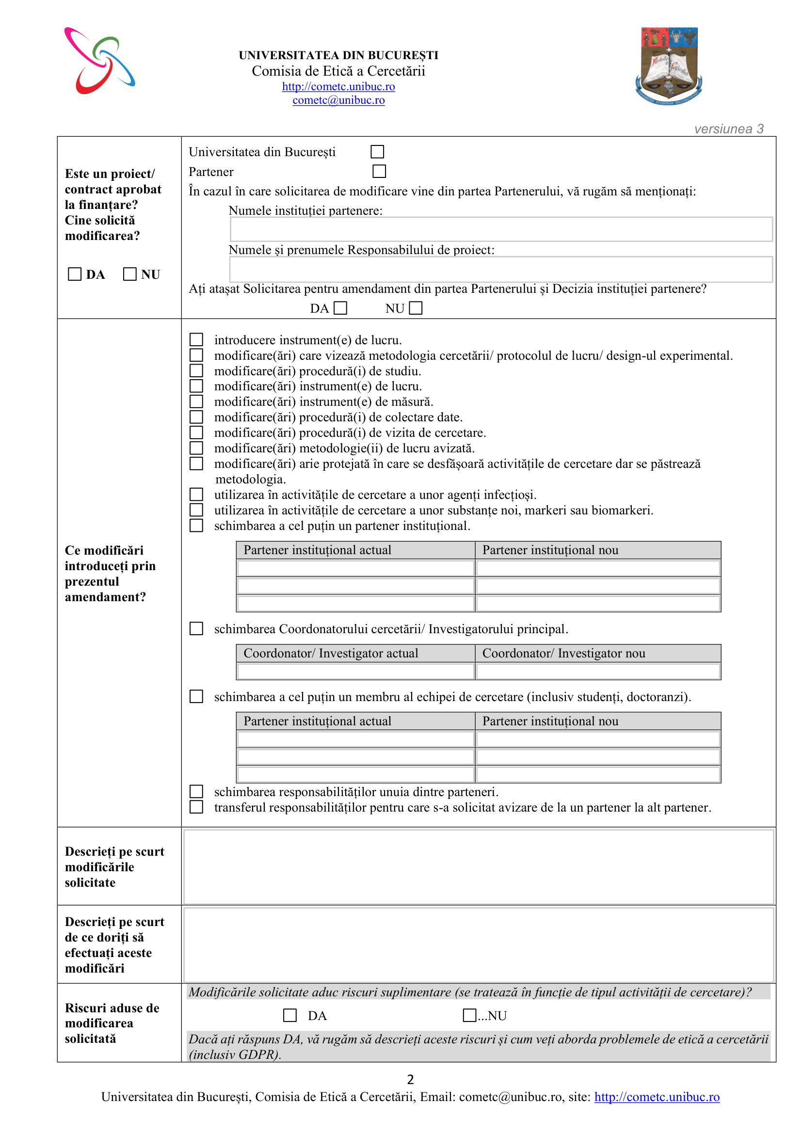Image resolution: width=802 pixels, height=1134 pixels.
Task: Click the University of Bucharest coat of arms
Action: (x=669, y=65)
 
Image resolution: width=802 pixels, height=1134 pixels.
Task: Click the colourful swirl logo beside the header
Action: (x=100, y=61)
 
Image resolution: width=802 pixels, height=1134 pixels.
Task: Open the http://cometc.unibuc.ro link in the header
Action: (x=338, y=87)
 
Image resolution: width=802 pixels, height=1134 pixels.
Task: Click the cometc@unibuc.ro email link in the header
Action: (x=338, y=100)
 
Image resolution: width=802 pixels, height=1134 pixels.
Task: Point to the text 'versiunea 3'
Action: (x=728, y=129)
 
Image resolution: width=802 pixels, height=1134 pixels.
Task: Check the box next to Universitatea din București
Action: (x=377, y=152)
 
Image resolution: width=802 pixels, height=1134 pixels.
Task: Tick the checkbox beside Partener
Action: (x=379, y=171)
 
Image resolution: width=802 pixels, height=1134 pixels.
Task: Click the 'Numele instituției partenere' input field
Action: (x=501, y=230)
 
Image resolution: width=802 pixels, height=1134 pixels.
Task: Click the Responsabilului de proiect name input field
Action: (x=501, y=269)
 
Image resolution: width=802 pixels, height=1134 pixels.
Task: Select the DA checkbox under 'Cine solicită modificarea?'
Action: (x=75, y=274)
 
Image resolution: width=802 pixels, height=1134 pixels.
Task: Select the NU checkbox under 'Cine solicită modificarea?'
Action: (x=130, y=274)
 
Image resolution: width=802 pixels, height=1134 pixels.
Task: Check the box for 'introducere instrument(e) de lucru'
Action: (x=196, y=340)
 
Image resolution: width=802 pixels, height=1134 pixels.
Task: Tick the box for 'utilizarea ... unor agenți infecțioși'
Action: (x=196, y=495)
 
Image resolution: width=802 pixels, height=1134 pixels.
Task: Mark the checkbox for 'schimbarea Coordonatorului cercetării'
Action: (x=196, y=629)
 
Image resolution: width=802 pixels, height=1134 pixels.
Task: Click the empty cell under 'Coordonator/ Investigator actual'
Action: (x=355, y=671)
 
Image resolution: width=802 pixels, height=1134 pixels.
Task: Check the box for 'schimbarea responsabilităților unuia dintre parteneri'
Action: (x=196, y=792)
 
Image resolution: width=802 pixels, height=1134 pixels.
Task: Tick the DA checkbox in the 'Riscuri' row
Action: (x=290, y=1016)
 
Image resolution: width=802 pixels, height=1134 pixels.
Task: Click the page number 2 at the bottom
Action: (x=410, y=1080)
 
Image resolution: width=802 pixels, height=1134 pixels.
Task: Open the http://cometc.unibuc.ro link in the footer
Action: (x=657, y=1097)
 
